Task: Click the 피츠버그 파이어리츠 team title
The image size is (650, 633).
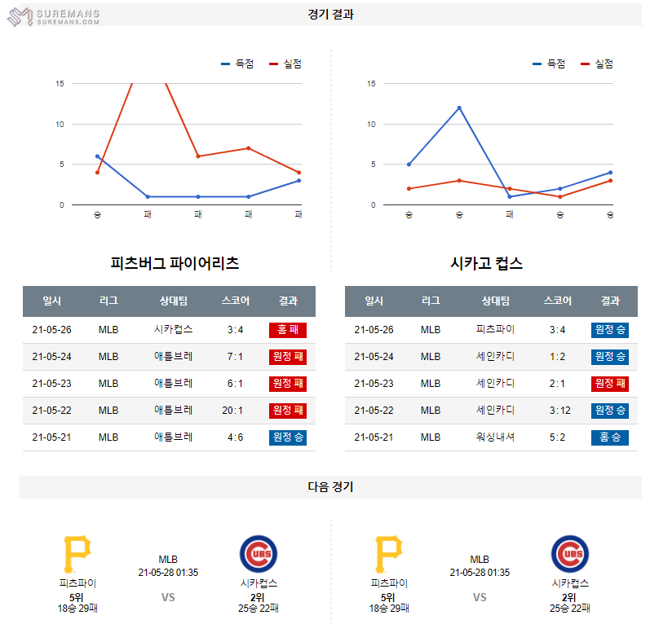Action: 175,263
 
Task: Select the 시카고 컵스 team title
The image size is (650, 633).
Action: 486,263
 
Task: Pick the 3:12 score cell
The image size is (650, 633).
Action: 557,410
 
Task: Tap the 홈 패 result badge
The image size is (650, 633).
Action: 287,330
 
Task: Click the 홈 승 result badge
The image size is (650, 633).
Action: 610,437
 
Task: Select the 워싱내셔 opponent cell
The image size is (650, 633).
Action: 495,437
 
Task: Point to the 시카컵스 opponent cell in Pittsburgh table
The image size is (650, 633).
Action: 173,330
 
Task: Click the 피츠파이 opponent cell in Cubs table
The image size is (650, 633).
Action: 495,330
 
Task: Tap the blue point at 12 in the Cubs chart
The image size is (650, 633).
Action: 459,108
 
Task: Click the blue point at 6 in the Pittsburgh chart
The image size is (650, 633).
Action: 97,156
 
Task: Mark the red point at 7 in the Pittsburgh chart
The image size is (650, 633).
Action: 248,148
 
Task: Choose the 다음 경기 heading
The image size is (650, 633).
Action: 330,487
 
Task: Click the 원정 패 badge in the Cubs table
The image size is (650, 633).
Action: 610,384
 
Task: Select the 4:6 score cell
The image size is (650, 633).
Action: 235,437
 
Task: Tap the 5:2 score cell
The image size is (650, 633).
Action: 557,437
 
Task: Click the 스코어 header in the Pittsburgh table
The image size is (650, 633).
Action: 235,301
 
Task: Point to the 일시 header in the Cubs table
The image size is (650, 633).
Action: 374,301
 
